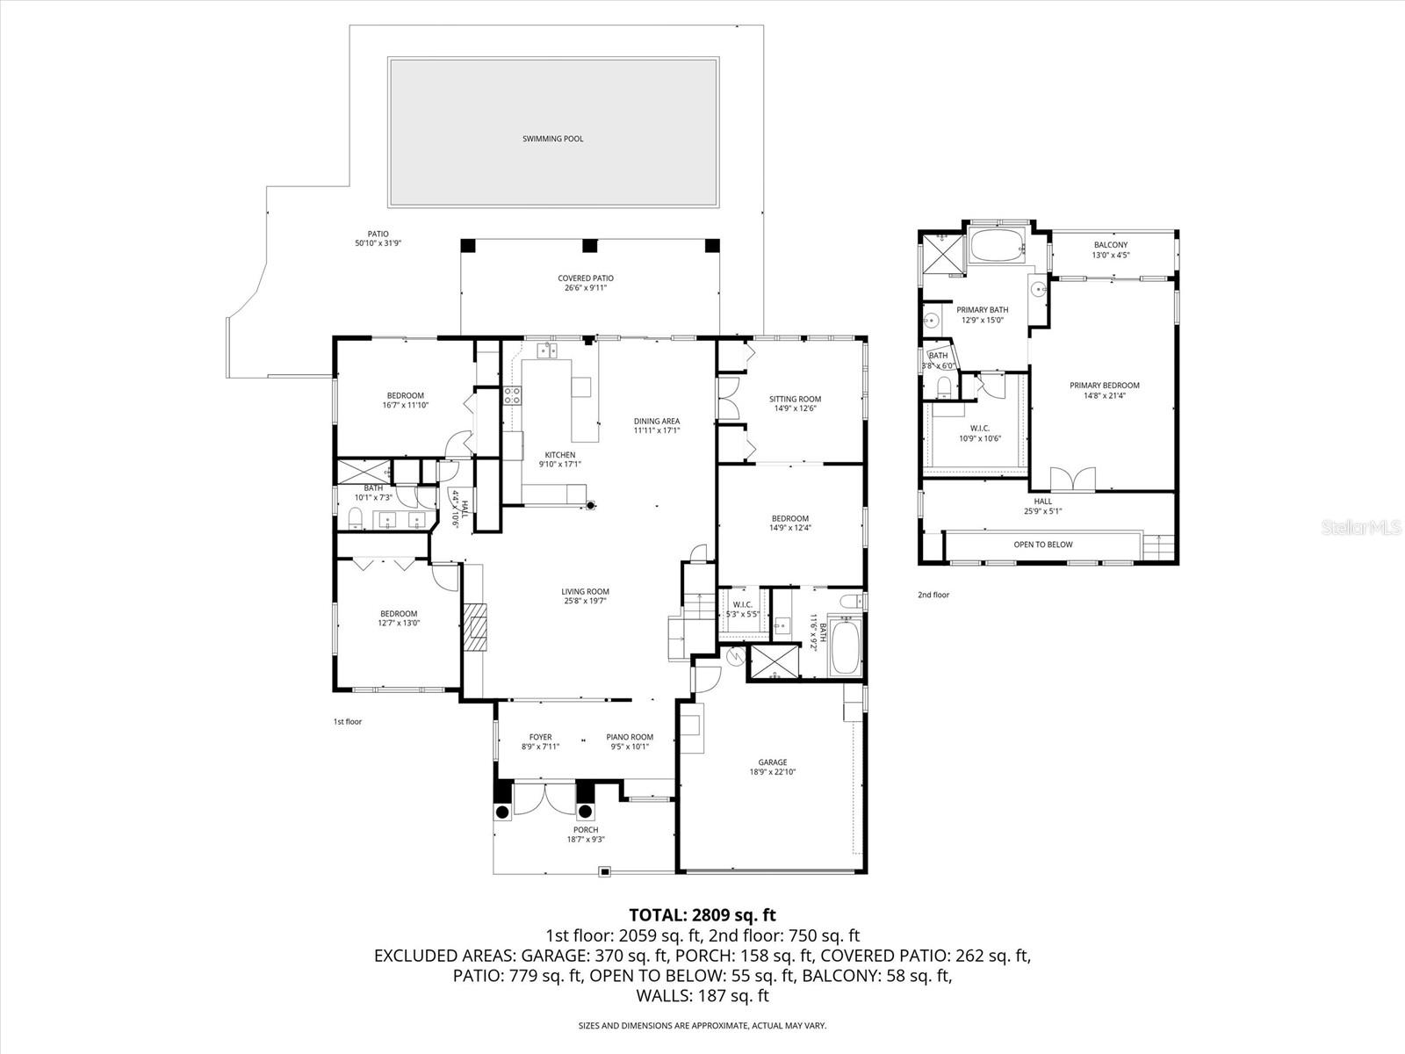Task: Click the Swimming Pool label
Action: point(552,139)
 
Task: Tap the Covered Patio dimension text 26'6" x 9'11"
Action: point(585,288)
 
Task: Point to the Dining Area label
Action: point(657,421)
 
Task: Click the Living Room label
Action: point(586,591)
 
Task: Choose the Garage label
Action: point(773,762)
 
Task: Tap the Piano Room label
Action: point(630,737)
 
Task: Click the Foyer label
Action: point(540,737)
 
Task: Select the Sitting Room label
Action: point(795,399)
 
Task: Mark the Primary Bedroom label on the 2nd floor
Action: point(1104,386)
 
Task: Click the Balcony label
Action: point(1111,245)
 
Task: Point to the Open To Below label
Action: point(1043,545)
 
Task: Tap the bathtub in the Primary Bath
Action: point(997,246)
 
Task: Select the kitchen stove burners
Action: point(511,395)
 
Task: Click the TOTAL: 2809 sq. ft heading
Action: point(702,914)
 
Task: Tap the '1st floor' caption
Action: point(347,722)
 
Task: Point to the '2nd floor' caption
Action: point(933,595)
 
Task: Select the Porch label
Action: point(586,829)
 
